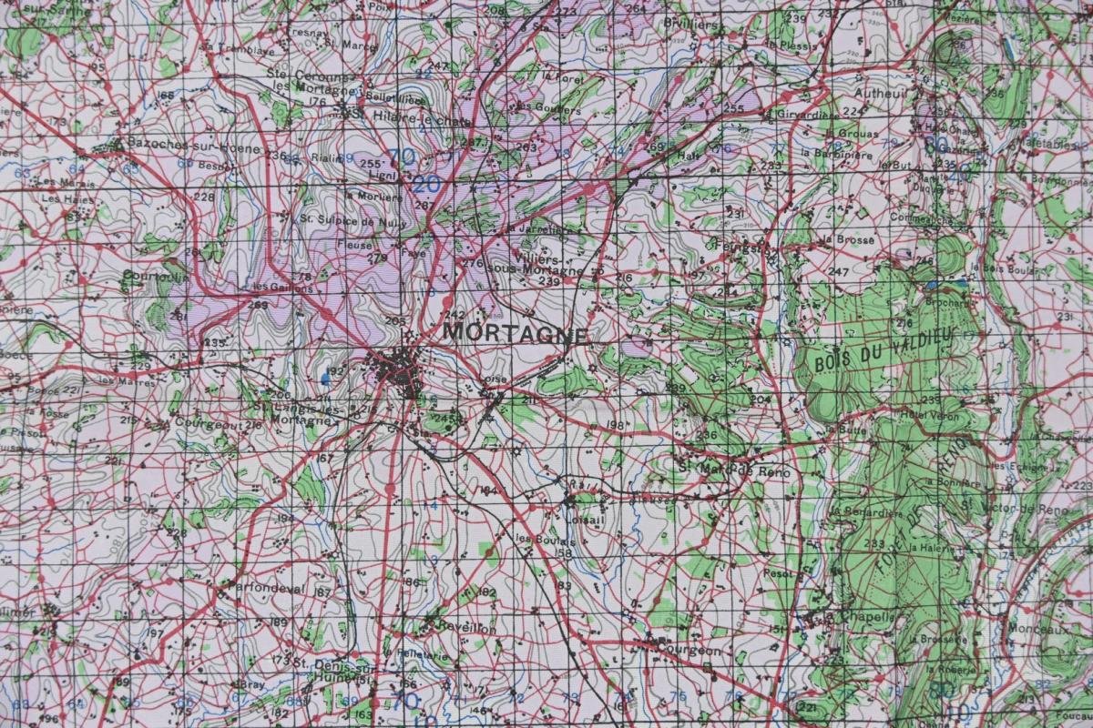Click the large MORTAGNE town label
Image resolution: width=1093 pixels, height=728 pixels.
[515, 332]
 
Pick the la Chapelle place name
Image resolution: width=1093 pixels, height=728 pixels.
[861, 617]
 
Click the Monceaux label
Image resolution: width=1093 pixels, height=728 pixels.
[1038, 629]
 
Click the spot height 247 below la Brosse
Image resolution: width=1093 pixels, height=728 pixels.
[838, 271]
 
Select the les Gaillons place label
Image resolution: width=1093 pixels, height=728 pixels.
[281, 288]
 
